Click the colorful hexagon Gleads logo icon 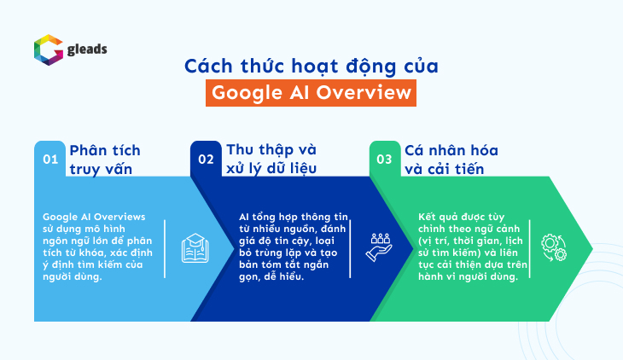(49, 49)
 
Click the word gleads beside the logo (87, 49)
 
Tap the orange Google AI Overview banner (311, 93)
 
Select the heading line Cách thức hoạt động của (311, 67)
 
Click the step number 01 (50, 160)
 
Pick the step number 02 (206, 160)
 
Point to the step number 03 (384, 160)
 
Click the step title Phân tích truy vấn (105, 160)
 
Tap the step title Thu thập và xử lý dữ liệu (271, 159)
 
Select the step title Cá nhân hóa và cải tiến (451, 160)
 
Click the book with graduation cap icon (195, 248)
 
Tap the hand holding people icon (379, 247)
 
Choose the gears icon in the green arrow (554, 248)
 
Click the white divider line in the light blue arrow (165, 249)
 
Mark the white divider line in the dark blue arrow (350, 249)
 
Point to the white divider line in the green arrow (530, 249)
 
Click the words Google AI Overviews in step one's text (94, 217)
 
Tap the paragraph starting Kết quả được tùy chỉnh (473, 247)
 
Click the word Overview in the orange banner (364, 93)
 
